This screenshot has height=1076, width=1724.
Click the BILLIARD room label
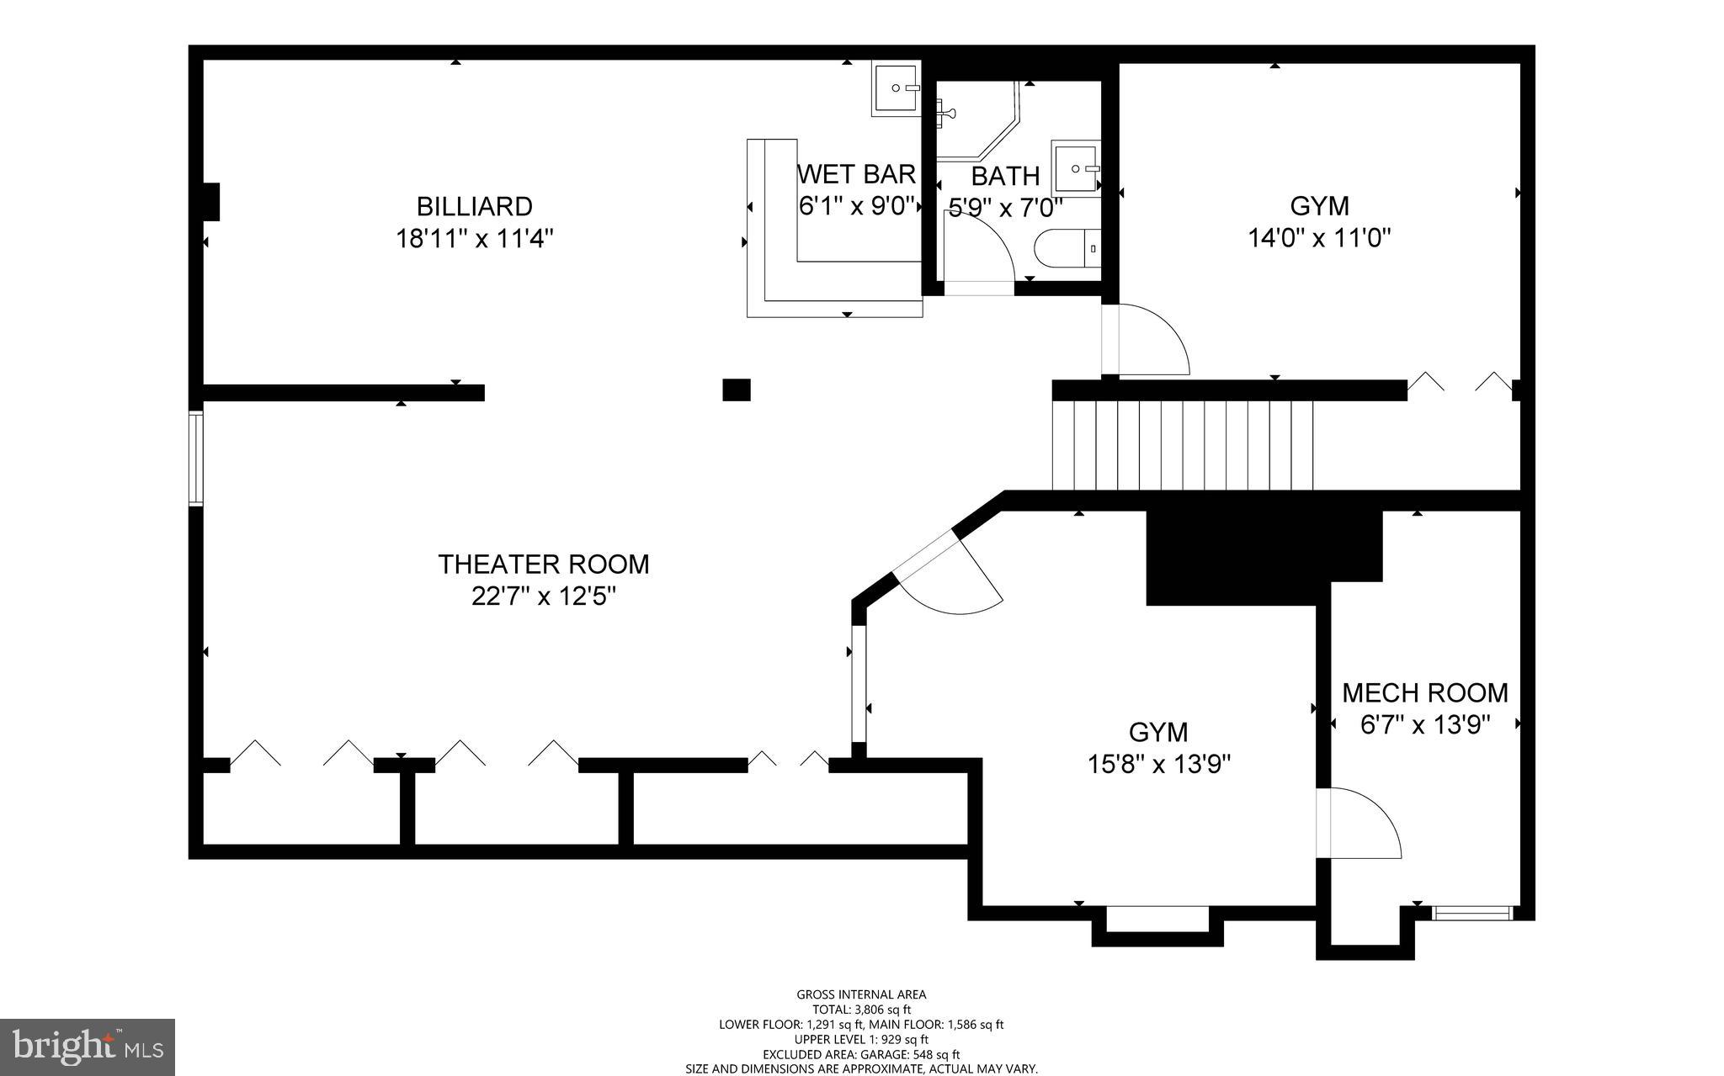(x=474, y=206)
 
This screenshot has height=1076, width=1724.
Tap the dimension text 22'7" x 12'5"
(x=544, y=596)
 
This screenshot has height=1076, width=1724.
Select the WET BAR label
(x=856, y=174)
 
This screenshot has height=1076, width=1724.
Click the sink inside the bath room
(x=1075, y=168)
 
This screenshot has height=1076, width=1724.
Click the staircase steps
(x=1183, y=445)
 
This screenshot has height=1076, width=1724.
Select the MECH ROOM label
(x=1424, y=693)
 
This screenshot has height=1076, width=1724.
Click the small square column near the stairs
(x=737, y=390)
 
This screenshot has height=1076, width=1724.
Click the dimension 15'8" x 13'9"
(x=1158, y=765)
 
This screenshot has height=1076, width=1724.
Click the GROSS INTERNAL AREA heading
(x=861, y=994)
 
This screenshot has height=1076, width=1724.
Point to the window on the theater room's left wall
(x=195, y=458)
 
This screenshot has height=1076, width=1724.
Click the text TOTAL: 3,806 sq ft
(x=861, y=1010)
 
